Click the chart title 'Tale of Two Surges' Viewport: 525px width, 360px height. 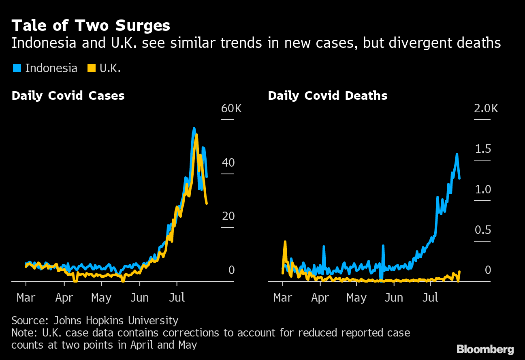(91, 26)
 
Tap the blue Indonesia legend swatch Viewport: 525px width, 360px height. (16, 68)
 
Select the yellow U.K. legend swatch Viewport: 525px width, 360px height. (92, 68)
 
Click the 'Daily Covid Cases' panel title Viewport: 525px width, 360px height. (68, 96)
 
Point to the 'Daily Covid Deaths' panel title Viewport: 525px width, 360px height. (327, 96)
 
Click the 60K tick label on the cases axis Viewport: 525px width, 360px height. (231, 109)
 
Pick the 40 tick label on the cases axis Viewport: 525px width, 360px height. (228, 163)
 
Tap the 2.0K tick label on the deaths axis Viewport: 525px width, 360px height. (486, 109)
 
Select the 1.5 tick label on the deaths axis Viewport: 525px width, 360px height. (483, 149)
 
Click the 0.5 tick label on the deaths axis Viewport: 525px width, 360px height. (483, 230)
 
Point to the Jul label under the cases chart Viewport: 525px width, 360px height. (177, 298)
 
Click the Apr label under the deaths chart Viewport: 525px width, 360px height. (320, 298)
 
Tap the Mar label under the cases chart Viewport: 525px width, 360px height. (26, 298)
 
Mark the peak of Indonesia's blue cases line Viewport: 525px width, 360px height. (194, 129)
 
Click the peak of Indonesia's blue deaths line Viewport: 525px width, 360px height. (457, 154)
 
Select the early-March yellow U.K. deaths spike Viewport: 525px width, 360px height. (285, 242)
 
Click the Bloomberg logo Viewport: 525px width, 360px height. (485, 349)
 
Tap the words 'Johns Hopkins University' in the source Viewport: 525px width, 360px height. (116, 321)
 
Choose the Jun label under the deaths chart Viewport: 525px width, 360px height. (394, 298)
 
